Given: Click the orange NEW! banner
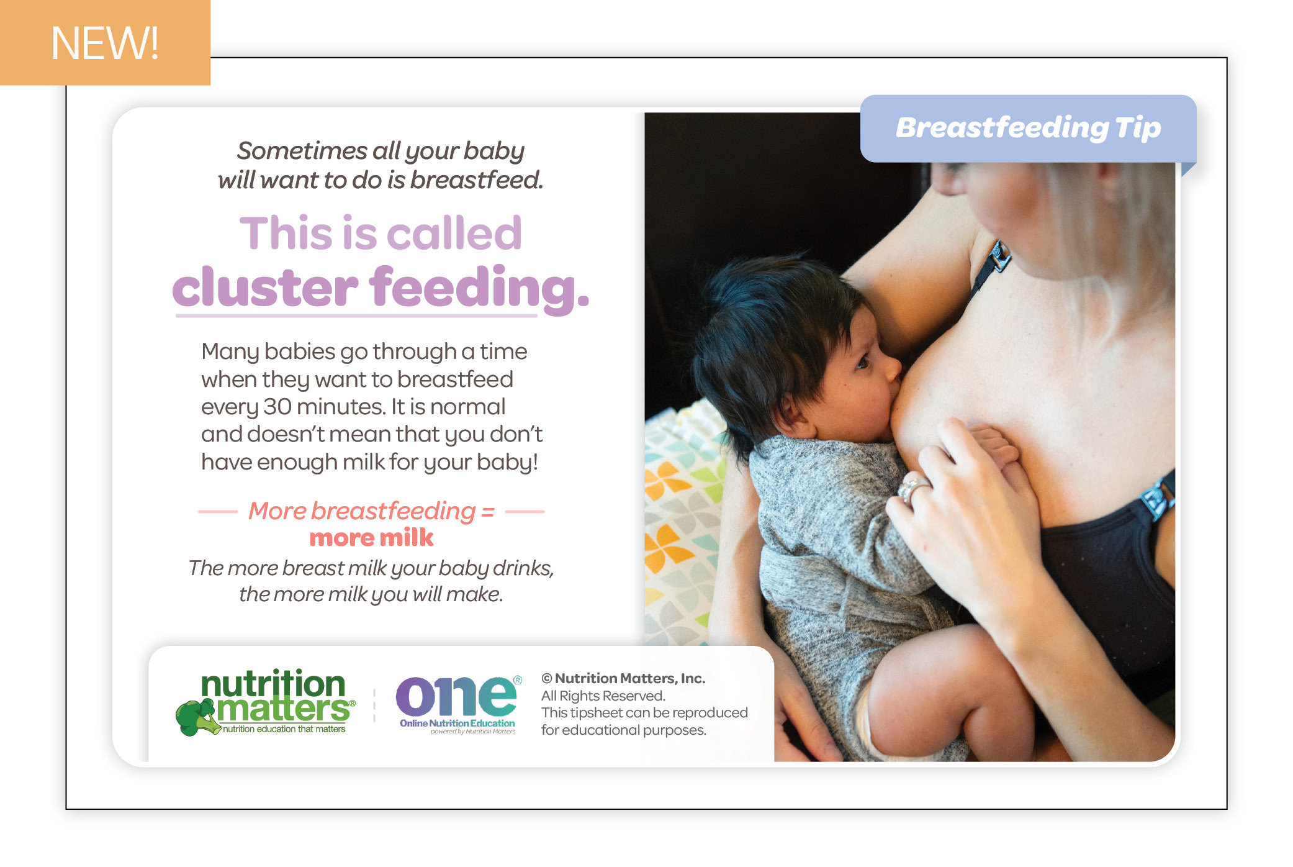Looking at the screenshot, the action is [x=105, y=42].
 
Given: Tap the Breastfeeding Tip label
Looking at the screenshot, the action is [x=1028, y=128].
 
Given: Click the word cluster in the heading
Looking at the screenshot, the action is [x=265, y=288].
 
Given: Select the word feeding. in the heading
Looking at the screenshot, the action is [x=479, y=288].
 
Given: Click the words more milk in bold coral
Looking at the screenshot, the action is [x=371, y=538].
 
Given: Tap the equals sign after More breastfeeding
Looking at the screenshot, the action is [x=488, y=512].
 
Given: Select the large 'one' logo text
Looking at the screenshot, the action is [x=456, y=696].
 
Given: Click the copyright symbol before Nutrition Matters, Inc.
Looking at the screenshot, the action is [x=547, y=679].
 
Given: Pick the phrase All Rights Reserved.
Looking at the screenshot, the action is [x=603, y=696].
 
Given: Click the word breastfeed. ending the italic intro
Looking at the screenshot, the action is [x=477, y=180].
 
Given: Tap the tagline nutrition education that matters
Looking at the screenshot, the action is [x=284, y=729].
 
